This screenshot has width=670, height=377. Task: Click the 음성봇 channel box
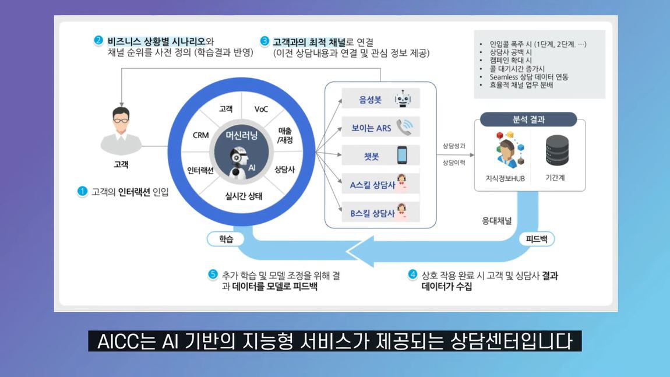click(x=380, y=99)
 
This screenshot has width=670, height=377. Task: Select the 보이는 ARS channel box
click(x=380, y=126)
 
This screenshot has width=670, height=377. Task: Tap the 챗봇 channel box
click(x=380, y=156)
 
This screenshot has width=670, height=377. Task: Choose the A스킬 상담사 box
click(x=380, y=184)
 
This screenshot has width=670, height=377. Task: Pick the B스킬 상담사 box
click(x=380, y=213)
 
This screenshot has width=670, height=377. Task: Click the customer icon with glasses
click(x=121, y=129)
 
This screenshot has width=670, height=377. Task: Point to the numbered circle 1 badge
click(x=82, y=191)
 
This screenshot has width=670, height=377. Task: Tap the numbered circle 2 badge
click(x=98, y=41)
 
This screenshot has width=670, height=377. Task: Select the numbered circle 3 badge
click(x=265, y=41)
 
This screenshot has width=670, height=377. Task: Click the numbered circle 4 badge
click(x=412, y=275)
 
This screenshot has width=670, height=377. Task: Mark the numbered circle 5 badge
click(x=213, y=275)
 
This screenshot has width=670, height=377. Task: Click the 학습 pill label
click(x=226, y=239)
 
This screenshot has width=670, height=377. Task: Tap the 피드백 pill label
click(x=536, y=239)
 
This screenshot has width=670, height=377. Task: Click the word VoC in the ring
click(x=261, y=109)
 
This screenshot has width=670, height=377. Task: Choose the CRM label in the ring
click(x=200, y=135)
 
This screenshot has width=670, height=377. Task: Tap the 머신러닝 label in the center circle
click(x=241, y=136)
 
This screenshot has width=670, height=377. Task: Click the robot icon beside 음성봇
click(x=403, y=99)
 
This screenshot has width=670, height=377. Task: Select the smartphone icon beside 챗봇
click(x=402, y=156)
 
